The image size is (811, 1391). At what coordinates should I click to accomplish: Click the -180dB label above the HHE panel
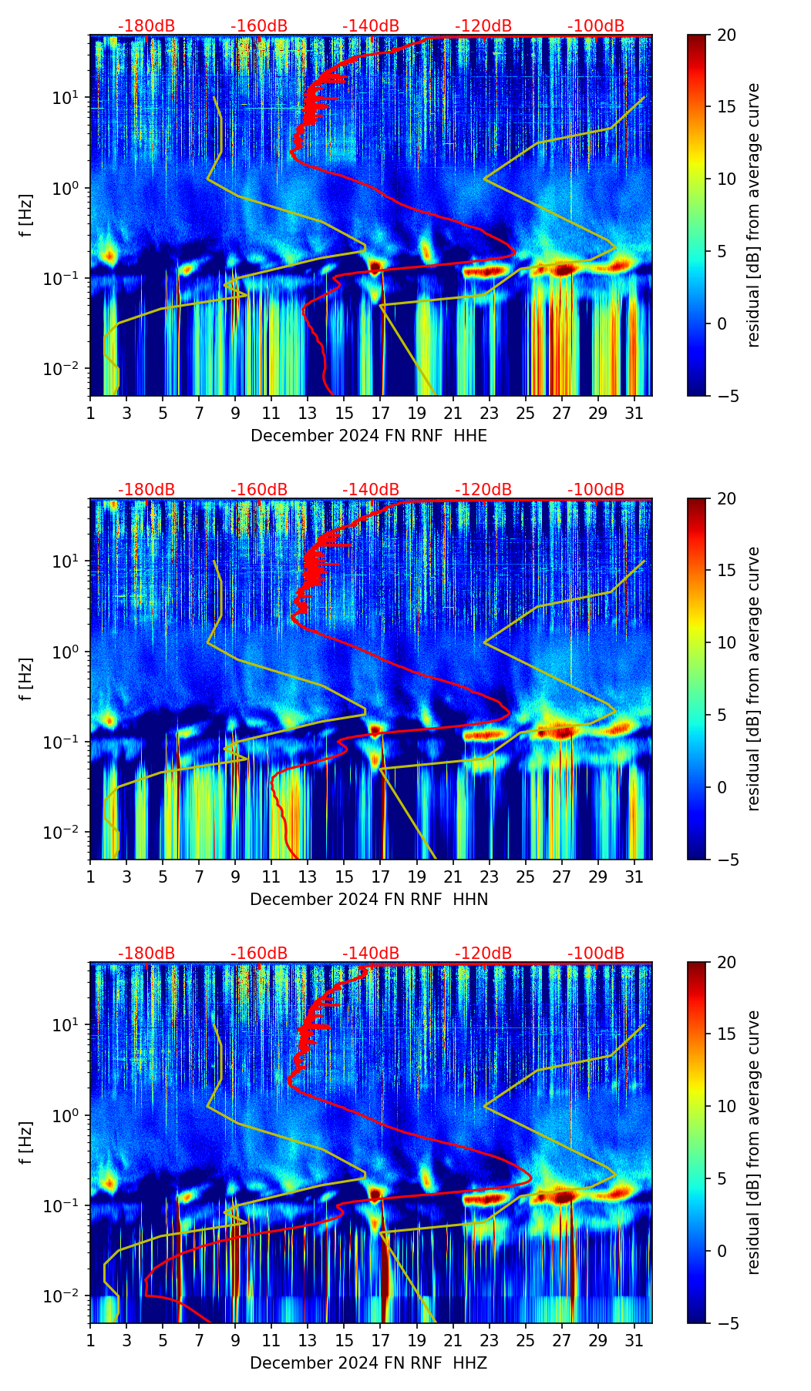pyautogui.click(x=146, y=26)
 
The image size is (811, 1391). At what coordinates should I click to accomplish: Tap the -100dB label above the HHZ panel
pyautogui.click(x=596, y=954)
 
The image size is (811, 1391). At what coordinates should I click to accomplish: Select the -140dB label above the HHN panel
pyautogui.click(x=371, y=490)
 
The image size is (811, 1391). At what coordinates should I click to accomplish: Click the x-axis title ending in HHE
pyautogui.click(x=368, y=436)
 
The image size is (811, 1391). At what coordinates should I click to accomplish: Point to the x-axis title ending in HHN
pyautogui.click(x=368, y=900)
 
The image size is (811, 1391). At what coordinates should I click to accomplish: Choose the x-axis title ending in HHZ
pyautogui.click(x=368, y=1363)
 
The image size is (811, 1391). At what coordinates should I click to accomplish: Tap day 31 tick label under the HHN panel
pyautogui.click(x=634, y=877)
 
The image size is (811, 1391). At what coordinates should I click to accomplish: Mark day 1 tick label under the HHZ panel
pyautogui.click(x=90, y=1341)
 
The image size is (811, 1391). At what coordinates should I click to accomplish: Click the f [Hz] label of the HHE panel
pyautogui.click(x=27, y=215)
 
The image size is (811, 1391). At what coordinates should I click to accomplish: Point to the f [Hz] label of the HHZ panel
pyautogui.click(x=27, y=1142)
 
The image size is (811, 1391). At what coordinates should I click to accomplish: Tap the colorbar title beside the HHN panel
pyautogui.click(x=753, y=679)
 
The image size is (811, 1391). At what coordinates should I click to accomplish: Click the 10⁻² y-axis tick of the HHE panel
pyautogui.click(x=67, y=369)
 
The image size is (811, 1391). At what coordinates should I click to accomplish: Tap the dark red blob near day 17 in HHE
pyautogui.click(x=375, y=267)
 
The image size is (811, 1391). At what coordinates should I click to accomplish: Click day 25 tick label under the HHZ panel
pyautogui.click(x=526, y=1341)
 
